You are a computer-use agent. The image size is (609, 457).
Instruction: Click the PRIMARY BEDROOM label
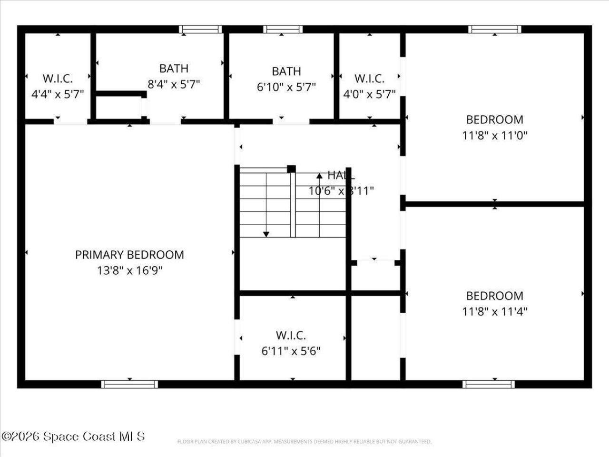click(129, 255)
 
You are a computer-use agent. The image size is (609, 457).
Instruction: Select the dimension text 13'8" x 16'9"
click(129, 271)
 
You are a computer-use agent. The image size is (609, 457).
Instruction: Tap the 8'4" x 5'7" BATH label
click(174, 69)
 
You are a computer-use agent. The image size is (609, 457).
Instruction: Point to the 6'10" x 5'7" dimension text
click(286, 87)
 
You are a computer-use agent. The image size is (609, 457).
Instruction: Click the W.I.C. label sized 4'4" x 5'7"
click(58, 79)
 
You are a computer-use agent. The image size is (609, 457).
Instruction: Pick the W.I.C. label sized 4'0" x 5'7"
click(369, 79)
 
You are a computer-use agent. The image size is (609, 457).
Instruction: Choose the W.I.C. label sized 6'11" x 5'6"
click(291, 336)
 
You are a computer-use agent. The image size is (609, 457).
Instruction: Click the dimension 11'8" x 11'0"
click(494, 136)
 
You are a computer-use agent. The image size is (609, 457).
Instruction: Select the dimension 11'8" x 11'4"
click(494, 312)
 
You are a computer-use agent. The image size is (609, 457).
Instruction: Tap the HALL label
click(341, 175)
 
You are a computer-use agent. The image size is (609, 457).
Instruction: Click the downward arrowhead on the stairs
click(266, 234)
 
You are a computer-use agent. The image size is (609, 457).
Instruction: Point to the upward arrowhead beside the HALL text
click(319, 176)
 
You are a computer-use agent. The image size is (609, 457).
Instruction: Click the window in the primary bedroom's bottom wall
click(129, 384)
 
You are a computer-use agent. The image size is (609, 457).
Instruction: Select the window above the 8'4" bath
click(200, 30)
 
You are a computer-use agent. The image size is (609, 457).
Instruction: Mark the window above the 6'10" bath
click(283, 30)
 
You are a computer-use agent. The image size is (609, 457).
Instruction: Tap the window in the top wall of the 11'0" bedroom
click(494, 30)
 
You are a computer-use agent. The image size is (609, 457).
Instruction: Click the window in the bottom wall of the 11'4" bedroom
click(489, 384)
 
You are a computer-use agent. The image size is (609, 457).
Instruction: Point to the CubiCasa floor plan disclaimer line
click(304, 442)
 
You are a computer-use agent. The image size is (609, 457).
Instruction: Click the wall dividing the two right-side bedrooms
click(495, 204)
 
